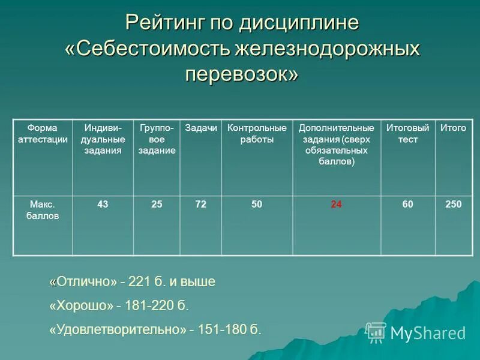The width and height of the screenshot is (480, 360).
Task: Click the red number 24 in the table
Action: point(336,205)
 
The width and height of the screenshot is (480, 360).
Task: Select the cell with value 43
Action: point(103,205)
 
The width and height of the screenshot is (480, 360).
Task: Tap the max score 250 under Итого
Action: point(453,205)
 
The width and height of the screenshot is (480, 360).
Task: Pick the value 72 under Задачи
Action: point(200,205)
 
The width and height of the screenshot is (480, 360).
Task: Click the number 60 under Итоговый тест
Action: point(407,205)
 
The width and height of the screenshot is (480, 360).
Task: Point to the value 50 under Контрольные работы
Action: point(257,205)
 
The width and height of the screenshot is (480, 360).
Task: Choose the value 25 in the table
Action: point(157,205)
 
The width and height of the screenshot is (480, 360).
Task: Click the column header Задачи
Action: point(200,128)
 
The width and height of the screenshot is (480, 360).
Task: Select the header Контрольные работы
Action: point(257,134)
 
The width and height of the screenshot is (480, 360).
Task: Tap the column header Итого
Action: point(453,128)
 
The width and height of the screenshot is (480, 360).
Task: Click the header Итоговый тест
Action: point(407,134)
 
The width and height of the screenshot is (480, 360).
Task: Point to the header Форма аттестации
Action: point(42,134)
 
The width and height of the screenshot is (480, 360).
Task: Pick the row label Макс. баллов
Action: point(42,210)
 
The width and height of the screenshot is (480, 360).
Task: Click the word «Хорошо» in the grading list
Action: point(81,306)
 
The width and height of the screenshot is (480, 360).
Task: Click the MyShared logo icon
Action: point(376,332)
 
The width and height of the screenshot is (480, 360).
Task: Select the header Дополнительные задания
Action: point(336,145)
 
